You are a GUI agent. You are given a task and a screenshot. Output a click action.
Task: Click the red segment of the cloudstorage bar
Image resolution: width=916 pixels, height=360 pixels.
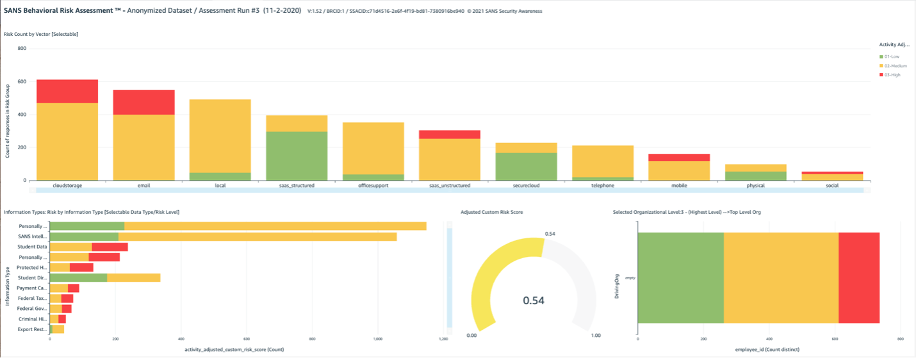[67, 92]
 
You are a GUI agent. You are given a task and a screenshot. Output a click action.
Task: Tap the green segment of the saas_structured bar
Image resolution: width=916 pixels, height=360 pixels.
[297, 156]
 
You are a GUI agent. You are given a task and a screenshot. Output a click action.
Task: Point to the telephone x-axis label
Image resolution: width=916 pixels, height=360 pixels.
[603, 186]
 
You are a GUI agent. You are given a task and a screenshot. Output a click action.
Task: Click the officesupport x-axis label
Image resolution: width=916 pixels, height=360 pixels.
[373, 186]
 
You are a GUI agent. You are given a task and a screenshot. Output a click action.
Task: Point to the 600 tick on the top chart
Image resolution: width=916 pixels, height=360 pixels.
[22, 81]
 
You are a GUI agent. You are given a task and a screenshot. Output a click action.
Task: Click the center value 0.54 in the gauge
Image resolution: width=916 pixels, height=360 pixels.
[534, 300]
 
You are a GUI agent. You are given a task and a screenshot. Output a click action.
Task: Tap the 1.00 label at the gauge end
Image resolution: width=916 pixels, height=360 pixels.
[595, 336]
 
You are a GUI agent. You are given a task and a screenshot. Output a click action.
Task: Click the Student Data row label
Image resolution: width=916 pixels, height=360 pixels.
[33, 247]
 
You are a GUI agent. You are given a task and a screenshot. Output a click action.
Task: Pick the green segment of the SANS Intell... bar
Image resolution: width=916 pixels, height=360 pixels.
[84, 236]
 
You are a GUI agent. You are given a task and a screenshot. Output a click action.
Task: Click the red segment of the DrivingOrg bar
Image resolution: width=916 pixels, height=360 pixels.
[858, 278]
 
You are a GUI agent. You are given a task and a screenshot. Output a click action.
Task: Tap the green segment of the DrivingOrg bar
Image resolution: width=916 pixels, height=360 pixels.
[680, 278]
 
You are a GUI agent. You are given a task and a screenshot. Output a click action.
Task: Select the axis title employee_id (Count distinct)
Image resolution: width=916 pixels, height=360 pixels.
[769, 349]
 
